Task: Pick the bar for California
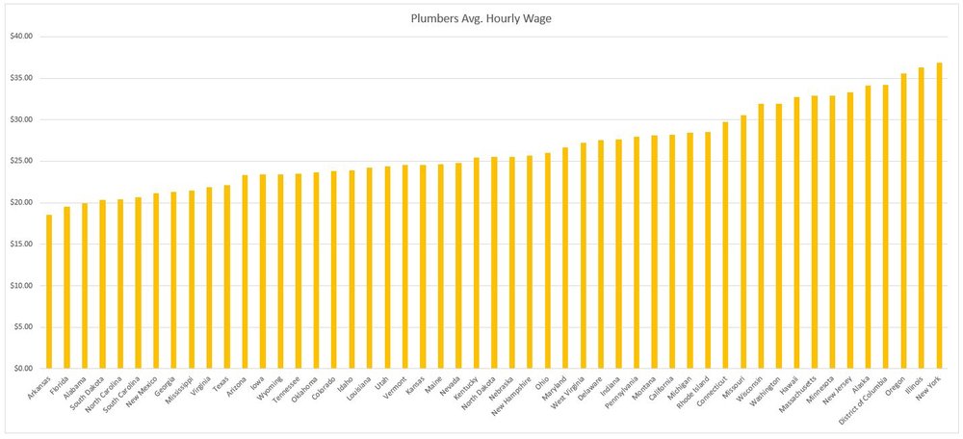pos(672,251)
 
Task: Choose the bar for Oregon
pos(904,220)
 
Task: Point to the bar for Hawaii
pos(797,232)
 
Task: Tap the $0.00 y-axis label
pos(21,369)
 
